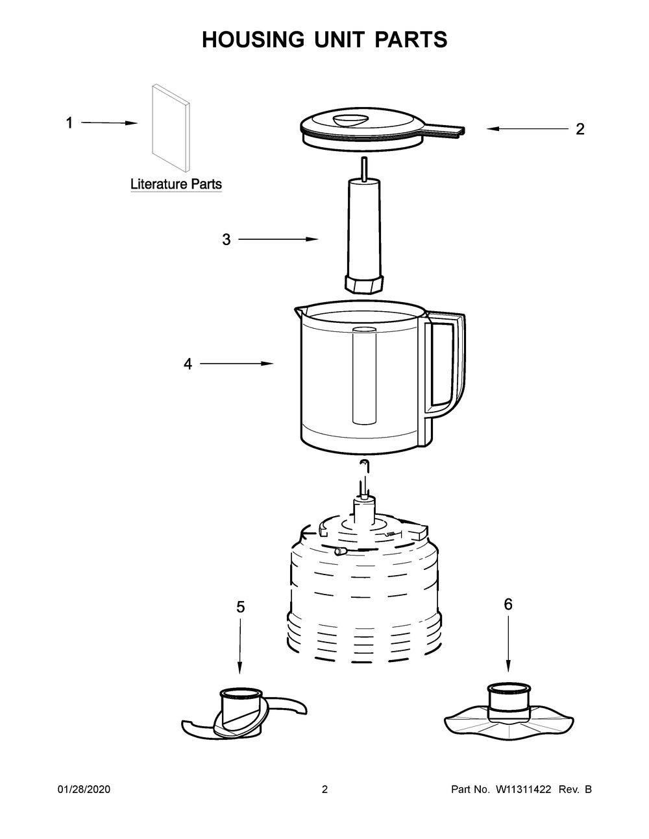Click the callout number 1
pyautogui.click(x=69, y=123)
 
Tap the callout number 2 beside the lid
pyautogui.click(x=580, y=129)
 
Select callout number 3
pyautogui.click(x=226, y=240)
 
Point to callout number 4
pyautogui.click(x=188, y=364)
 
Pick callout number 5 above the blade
pyautogui.click(x=240, y=607)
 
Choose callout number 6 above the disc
pyautogui.click(x=508, y=604)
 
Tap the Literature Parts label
pyautogui.click(x=176, y=184)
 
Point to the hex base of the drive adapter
pyautogui.click(x=363, y=283)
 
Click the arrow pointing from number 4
pyautogui.click(x=236, y=364)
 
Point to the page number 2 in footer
pyautogui.click(x=324, y=790)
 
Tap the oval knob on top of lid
pyautogui.click(x=349, y=119)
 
